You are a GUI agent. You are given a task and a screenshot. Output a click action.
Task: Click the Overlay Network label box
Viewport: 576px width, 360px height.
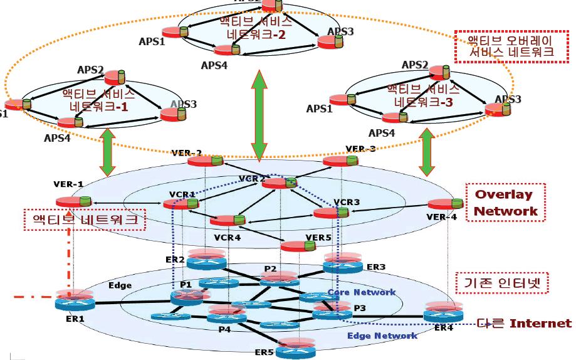506,203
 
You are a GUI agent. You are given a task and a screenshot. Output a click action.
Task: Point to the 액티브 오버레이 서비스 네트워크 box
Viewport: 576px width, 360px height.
511,46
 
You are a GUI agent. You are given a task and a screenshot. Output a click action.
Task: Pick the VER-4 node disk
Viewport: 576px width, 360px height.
444,204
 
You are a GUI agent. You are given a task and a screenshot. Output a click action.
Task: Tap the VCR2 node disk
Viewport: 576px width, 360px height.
278,183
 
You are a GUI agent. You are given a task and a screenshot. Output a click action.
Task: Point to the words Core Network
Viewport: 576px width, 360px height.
362,292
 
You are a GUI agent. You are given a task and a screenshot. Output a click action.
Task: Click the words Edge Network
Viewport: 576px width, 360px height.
382,336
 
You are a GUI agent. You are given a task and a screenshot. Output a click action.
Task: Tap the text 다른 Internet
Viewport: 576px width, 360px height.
524,324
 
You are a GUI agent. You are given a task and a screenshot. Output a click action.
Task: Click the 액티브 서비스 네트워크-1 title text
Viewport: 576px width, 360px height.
98,100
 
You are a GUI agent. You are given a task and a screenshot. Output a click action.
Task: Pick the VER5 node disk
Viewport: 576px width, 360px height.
298,246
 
